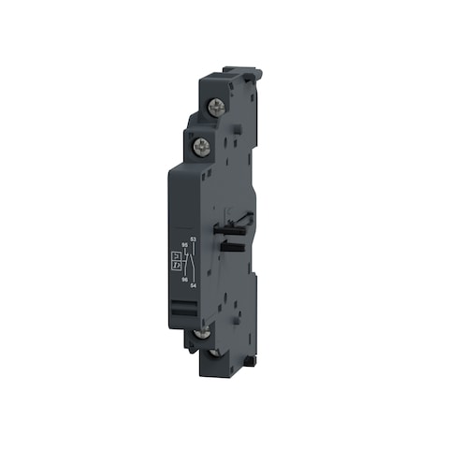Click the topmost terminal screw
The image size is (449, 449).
tap(216, 108)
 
